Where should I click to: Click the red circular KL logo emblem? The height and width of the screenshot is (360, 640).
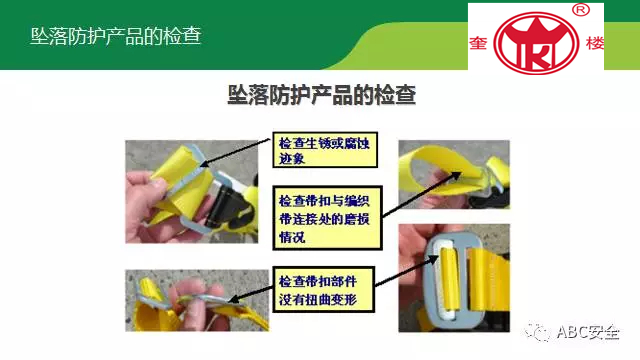(x=536, y=43)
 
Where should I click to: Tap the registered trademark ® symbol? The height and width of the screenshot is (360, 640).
(x=581, y=10)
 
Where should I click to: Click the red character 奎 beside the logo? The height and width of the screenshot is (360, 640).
(x=478, y=43)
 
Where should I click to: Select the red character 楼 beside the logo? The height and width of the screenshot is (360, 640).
(x=595, y=43)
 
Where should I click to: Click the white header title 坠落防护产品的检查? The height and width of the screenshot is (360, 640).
(x=116, y=36)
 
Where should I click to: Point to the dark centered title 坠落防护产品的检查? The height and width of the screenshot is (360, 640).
(x=322, y=95)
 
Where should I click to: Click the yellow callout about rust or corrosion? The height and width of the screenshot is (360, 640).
(x=325, y=150)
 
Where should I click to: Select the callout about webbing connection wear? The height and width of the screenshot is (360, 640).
(x=327, y=218)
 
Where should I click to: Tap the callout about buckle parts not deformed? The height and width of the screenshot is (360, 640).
(x=323, y=289)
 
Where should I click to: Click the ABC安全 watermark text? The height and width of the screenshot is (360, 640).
(x=588, y=333)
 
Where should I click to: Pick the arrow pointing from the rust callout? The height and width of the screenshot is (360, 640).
(x=235, y=153)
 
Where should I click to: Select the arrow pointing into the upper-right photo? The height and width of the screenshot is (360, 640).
(x=422, y=194)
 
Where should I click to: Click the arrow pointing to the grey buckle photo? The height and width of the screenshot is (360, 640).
(x=406, y=271)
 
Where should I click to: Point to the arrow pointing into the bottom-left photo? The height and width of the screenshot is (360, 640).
(x=250, y=294)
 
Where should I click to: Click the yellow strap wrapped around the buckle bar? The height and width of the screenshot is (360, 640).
(x=448, y=283)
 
